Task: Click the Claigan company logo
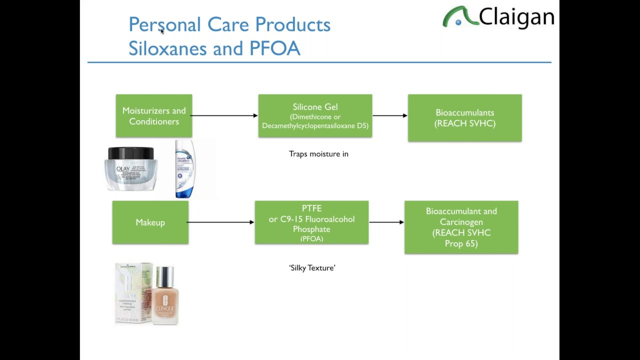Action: [498, 17]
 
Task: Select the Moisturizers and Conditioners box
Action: [154, 116]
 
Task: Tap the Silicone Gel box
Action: [315, 116]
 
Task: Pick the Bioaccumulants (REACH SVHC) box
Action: [464, 118]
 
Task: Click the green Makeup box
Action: [150, 222]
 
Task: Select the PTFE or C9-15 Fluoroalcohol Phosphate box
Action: [311, 222]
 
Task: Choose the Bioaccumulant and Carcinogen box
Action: [461, 227]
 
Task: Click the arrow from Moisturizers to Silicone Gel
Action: [224, 115]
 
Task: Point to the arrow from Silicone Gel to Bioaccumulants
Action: [390, 115]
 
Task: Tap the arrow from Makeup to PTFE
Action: [221, 222]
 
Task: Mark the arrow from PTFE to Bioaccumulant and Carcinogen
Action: [386, 222]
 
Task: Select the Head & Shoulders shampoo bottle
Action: [184, 169]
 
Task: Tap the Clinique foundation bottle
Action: [165, 296]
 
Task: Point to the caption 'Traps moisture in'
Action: [318, 154]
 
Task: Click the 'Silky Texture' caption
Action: [312, 268]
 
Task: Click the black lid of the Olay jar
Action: [131, 153]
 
